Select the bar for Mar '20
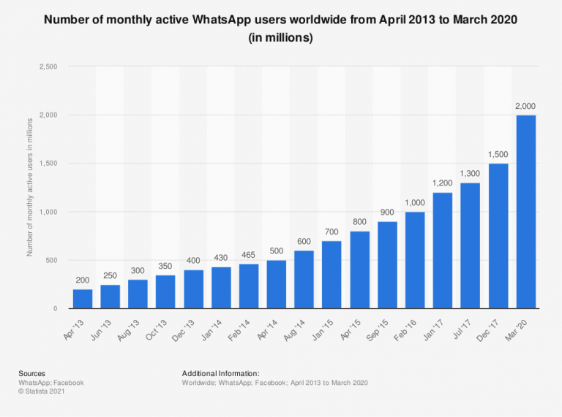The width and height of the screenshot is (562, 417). pos(525,212)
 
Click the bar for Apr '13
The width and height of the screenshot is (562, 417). pos(83,299)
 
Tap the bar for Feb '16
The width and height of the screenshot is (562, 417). pos(415,260)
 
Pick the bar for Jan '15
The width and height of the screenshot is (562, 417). pos(332,275)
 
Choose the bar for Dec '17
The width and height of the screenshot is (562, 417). pos(498,236)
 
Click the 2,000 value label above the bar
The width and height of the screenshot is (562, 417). pos(525,107)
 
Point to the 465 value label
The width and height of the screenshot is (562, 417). pos(249,256)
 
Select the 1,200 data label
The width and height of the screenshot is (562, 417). pos(443,184)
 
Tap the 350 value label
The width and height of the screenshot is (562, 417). pos(165,267)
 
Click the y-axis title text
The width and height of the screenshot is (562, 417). pos(30,188)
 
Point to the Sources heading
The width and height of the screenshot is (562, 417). pos(33,373)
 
